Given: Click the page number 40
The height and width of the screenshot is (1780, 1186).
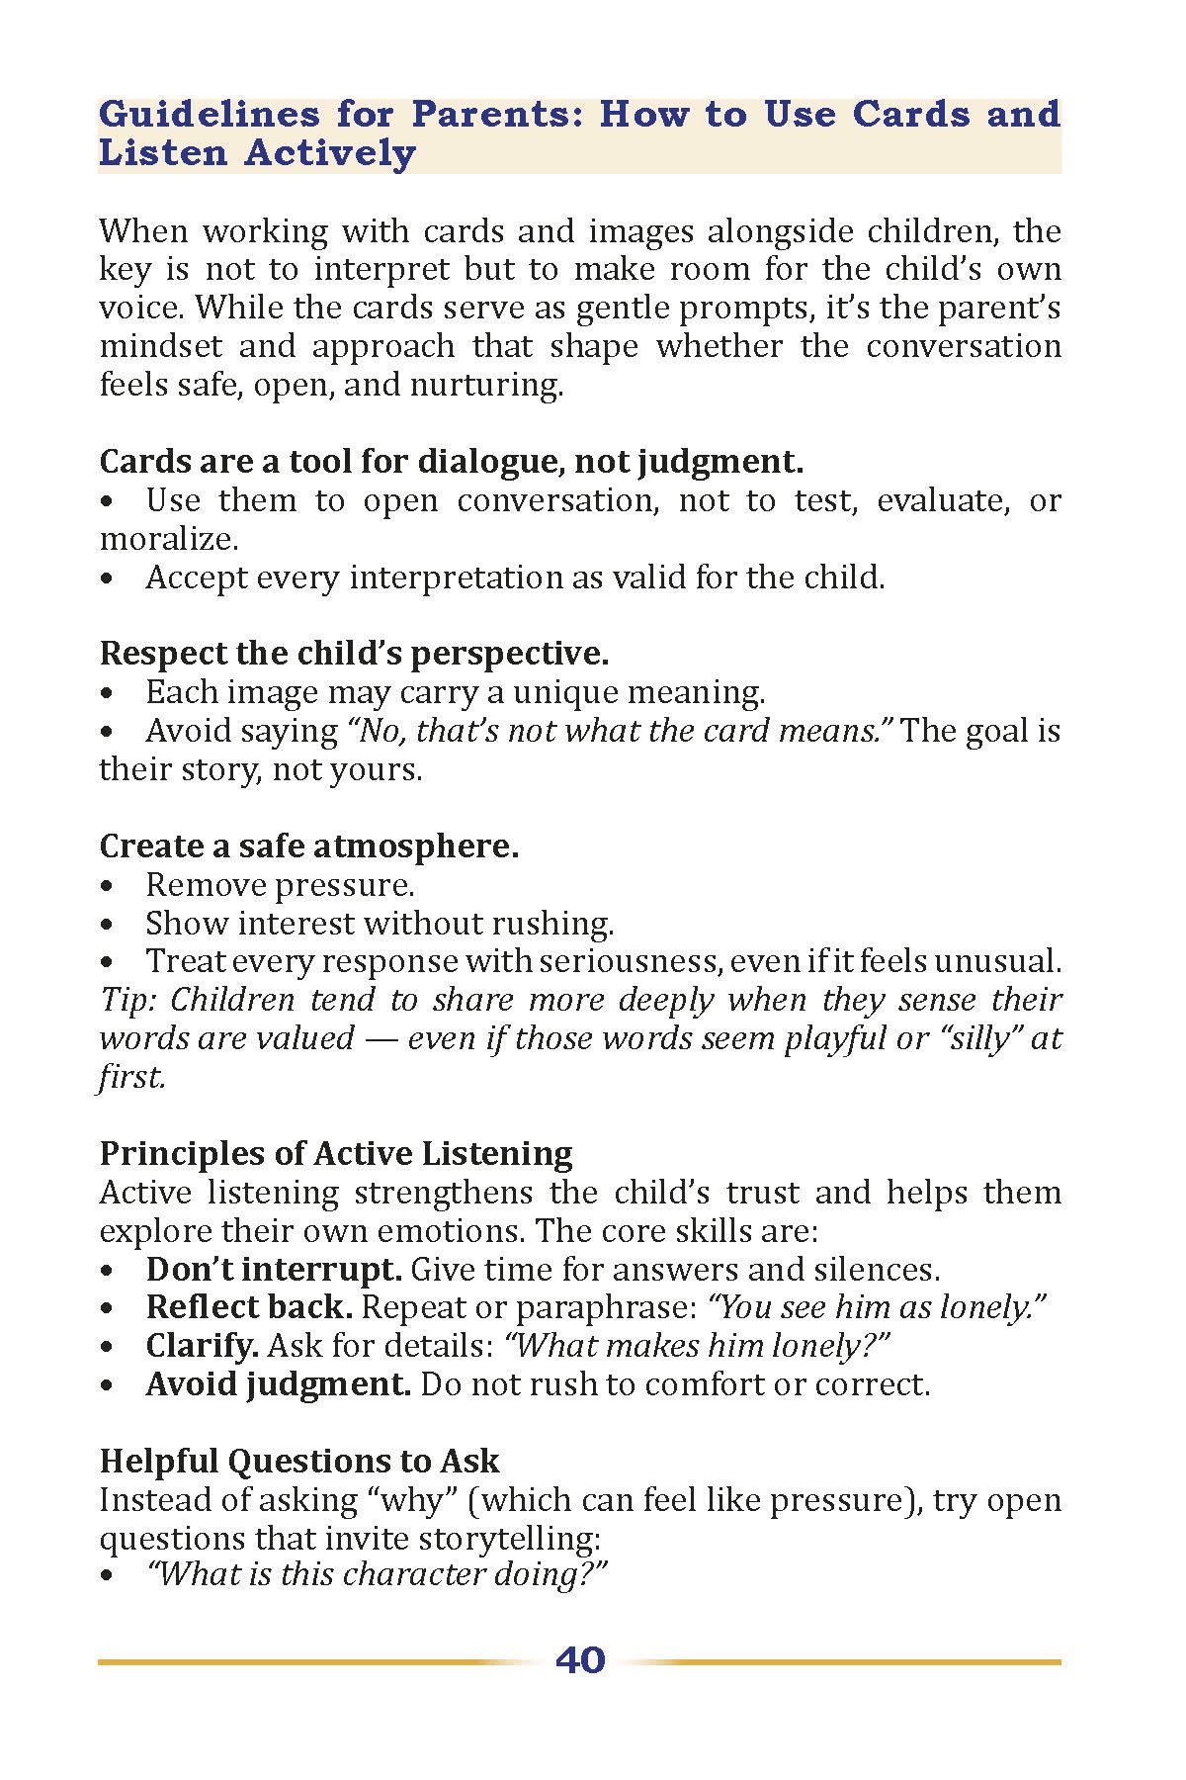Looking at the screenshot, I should [x=580, y=1660].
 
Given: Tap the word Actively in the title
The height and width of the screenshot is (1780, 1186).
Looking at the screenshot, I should [x=330, y=153].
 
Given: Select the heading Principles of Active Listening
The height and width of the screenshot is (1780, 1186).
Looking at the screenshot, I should [x=336, y=1153].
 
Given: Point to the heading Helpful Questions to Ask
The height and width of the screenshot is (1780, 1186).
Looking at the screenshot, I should [x=299, y=1461].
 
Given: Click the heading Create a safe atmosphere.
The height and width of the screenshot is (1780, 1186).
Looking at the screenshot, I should [x=309, y=845].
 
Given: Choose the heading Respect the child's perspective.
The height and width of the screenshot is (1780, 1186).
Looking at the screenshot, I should [x=354, y=653].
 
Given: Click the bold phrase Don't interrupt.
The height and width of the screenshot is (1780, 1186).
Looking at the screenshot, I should [x=274, y=1269].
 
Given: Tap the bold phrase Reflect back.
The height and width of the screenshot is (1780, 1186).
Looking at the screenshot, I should [x=249, y=1307].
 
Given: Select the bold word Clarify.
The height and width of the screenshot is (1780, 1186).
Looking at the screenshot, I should [x=203, y=1346].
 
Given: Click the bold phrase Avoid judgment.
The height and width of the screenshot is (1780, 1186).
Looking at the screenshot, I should [x=278, y=1384].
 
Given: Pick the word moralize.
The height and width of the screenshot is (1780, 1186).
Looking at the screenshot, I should [x=168, y=539].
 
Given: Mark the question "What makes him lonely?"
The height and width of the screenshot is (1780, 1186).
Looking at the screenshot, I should [x=698, y=1346].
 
